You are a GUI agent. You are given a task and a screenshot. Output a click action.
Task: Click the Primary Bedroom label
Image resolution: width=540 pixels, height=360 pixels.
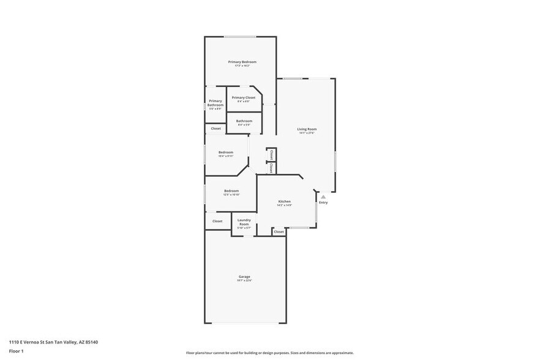pos(242,62)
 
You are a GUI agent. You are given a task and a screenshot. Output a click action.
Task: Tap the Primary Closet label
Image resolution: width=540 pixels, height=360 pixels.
pos(243,97)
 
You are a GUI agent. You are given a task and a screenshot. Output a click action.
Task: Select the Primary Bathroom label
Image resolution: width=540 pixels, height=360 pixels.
pos(216,103)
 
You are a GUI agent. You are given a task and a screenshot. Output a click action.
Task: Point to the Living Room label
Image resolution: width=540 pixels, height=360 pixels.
pos(307,129)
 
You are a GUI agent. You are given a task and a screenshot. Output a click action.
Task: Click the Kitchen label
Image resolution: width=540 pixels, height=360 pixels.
pos(284,201)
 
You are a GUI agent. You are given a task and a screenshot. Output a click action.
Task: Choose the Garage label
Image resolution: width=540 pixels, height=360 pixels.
pos(244,277)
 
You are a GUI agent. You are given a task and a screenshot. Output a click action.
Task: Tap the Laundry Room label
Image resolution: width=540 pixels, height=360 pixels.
pos(244,222)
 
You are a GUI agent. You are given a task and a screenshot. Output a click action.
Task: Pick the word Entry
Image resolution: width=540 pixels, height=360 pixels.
pos(323,203)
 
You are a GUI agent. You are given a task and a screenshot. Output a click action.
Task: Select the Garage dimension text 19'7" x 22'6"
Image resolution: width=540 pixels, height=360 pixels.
pos(244,280)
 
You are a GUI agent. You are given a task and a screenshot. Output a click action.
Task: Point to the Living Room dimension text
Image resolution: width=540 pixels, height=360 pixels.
pos(307,133)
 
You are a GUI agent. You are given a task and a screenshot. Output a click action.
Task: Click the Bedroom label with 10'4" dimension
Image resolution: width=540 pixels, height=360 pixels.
pos(226,152)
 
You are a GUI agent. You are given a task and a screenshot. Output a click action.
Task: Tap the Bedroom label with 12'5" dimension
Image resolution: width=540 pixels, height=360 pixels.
pos(231,191)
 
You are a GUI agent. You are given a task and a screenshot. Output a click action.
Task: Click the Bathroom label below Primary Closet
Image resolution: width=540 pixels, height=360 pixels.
pos(244,121)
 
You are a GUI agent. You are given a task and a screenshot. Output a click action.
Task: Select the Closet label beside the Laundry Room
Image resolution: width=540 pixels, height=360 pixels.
pos(217,221)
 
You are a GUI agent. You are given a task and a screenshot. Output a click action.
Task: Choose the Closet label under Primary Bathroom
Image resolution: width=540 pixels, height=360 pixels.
pos(216,129)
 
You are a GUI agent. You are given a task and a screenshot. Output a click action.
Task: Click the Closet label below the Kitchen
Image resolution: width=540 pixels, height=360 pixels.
pos(279,232)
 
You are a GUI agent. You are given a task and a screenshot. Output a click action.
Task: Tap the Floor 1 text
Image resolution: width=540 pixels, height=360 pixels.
pos(16,351)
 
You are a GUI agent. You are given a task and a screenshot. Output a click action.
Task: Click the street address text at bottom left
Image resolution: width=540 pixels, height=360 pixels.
pos(53,342)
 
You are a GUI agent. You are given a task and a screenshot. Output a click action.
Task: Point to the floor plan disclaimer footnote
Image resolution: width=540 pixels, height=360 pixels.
pos(269,353)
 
